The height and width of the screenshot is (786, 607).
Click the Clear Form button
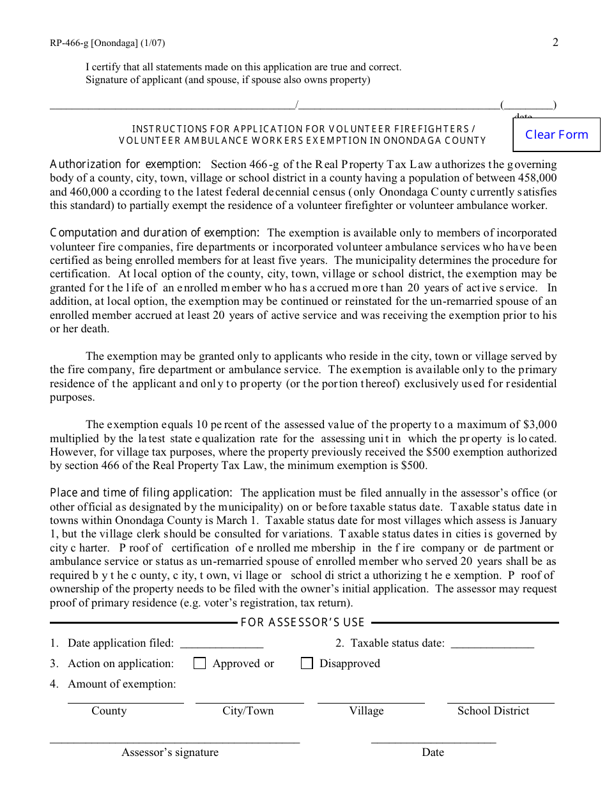[557, 134]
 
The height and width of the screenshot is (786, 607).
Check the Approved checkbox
[200, 663]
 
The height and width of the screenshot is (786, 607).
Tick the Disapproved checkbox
[307, 663]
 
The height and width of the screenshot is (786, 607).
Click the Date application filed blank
[222, 644]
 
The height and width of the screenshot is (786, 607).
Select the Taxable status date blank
[492, 644]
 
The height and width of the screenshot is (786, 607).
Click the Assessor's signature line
[174, 742]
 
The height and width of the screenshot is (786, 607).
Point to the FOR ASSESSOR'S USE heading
[302, 622]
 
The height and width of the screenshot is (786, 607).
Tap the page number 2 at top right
[555, 43]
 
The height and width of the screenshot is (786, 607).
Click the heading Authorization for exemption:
[125, 164]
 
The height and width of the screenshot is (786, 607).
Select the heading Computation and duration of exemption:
[155, 233]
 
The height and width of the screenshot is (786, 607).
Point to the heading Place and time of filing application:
[141, 493]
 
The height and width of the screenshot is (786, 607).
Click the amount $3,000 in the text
[540, 424]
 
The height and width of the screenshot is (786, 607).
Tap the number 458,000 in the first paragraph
[535, 178]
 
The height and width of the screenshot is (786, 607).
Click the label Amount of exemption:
[121, 684]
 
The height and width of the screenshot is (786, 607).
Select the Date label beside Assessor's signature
[433, 752]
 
